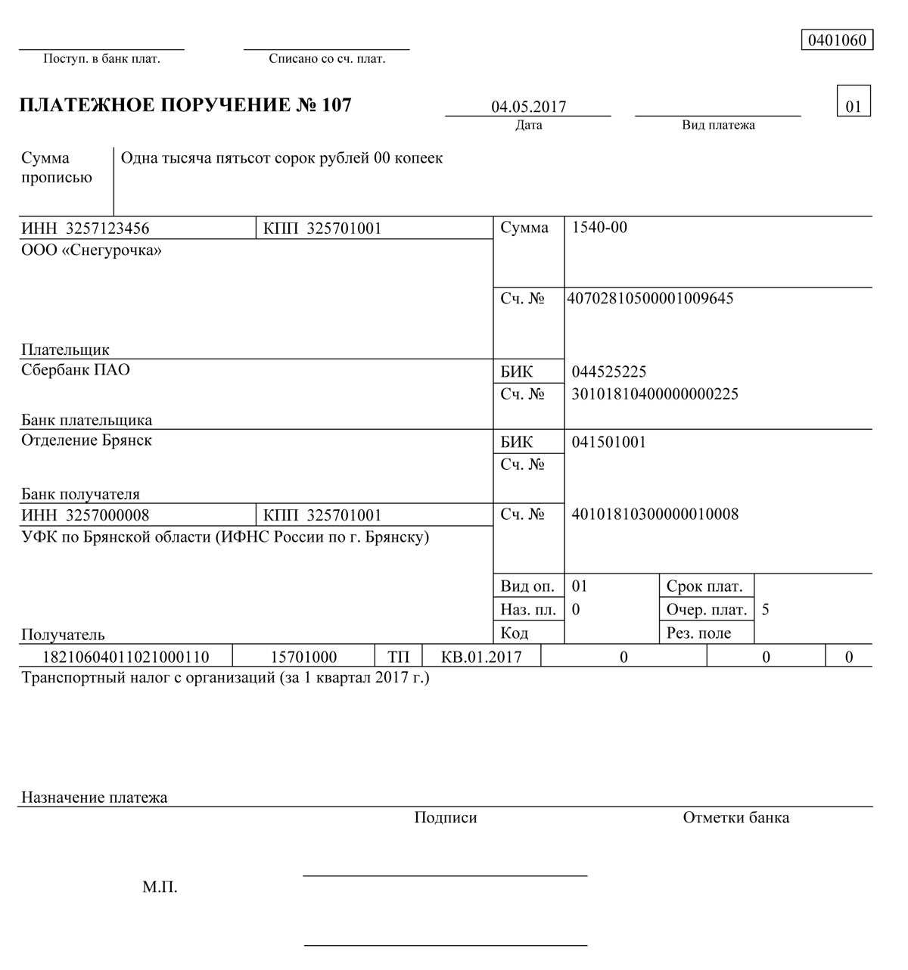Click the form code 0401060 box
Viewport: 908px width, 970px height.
837,40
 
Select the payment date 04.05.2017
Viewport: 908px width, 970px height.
528,107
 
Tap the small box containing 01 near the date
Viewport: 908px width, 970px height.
854,106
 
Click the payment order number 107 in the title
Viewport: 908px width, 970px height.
337,105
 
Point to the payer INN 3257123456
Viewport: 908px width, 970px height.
107,229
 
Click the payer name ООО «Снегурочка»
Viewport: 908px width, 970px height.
92,250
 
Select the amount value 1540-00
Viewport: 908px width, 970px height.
599,228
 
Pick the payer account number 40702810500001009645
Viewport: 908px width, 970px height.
650,298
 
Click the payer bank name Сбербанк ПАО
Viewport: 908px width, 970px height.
76,370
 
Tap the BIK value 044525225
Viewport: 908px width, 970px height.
609,372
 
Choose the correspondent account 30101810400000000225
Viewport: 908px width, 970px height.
655,393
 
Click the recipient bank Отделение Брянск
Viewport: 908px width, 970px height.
86,440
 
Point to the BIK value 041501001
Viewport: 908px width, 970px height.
609,442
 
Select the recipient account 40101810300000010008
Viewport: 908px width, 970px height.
655,515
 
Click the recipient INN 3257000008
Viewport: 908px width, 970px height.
107,515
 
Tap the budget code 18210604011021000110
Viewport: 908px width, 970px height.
126,657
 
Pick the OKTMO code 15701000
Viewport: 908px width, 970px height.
303,657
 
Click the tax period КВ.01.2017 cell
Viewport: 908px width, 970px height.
481,657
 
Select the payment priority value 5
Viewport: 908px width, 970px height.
766,610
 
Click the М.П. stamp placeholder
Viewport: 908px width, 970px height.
160,887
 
